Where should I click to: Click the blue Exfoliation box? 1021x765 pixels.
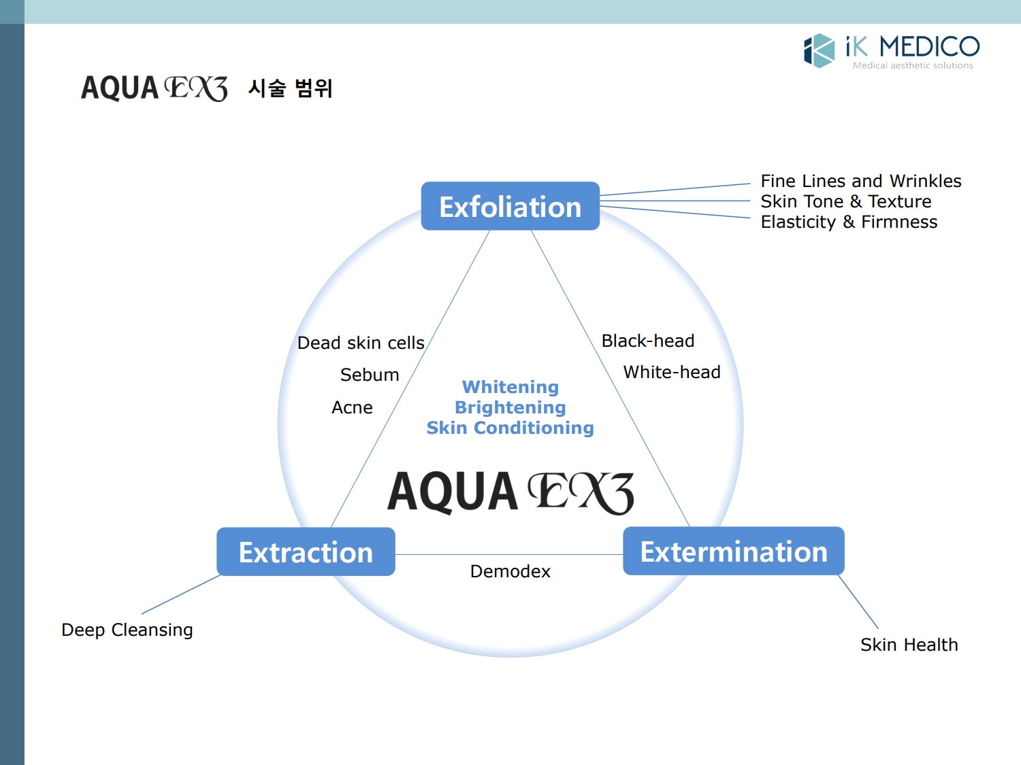510,206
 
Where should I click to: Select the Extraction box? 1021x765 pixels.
306,551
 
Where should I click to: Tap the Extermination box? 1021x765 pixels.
733,551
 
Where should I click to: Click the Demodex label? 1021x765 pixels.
510,571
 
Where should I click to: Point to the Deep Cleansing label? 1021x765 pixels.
127,630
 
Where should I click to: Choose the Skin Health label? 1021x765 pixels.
909,645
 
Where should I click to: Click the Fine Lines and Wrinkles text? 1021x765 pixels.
860,181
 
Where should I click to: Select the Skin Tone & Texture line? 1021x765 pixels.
845,201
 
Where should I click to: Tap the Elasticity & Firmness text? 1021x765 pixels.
848,222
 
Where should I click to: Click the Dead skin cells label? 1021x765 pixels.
361,343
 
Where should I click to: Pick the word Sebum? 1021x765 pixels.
370,375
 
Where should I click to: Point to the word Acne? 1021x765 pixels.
352,407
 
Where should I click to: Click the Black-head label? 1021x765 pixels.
647,341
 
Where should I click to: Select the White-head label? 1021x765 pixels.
671,372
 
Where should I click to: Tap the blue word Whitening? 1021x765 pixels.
510,387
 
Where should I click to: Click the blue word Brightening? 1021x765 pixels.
510,407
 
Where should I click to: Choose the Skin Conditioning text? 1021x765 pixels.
510,428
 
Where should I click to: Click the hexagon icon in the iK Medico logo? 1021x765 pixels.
819,50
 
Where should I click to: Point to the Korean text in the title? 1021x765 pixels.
290,88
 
